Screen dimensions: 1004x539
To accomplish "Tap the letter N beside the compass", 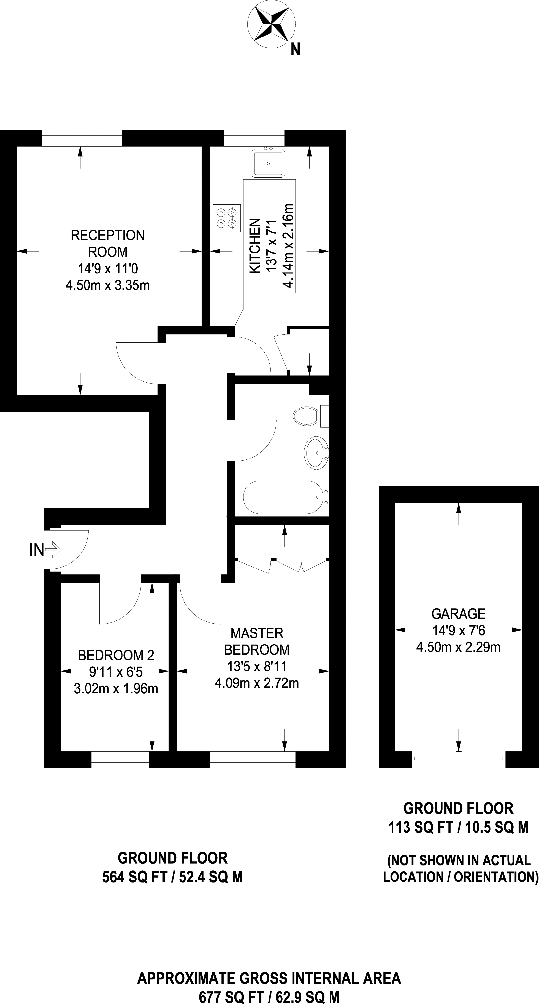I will (x=295, y=50).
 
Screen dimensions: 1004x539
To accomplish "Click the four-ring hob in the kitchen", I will (x=227, y=218).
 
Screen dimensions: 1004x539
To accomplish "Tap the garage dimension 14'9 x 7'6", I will (x=458, y=630).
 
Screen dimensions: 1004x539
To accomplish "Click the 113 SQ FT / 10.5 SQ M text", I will (x=458, y=827).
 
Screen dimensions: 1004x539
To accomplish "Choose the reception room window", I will (x=81, y=138).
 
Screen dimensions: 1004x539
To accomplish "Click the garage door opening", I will (x=459, y=758).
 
